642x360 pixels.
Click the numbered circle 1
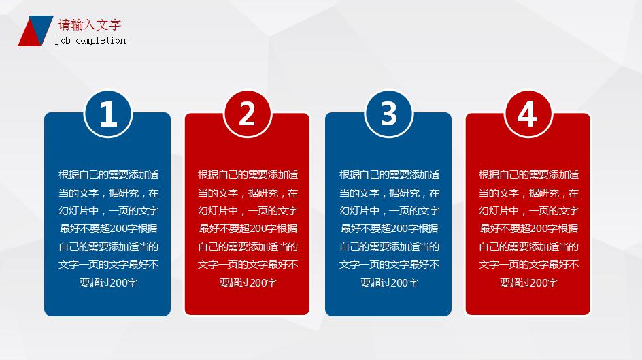pyautogui.click(x=107, y=114)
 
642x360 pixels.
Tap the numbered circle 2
pyautogui.click(x=248, y=114)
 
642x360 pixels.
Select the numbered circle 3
pyautogui.click(x=388, y=114)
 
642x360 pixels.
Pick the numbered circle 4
pyautogui.click(x=528, y=114)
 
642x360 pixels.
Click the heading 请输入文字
pyautogui.click(x=90, y=26)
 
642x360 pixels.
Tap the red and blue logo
pyautogui.click(x=35, y=31)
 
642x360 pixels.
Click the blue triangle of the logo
pyautogui.click(x=43, y=24)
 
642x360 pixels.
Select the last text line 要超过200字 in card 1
pyautogui.click(x=108, y=282)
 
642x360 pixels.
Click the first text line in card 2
pyautogui.click(x=248, y=175)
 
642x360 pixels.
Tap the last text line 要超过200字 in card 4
pyautogui.click(x=528, y=282)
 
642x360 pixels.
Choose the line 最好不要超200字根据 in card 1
pyautogui.click(x=108, y=229)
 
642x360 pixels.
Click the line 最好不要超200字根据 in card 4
pyautogui.click(x=528, y=229)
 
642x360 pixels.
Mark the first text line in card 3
pyautogui.click(x=388, y=175)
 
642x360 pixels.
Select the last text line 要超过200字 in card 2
pyautogui.click(x=248, y=282)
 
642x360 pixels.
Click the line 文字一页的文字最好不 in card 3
pyautogui.click(x=388, y=264)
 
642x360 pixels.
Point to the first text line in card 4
pyautogui.click(x=528, y=175)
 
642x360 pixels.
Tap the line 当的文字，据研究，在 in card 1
pyautogui.click(x=108, y=193)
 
